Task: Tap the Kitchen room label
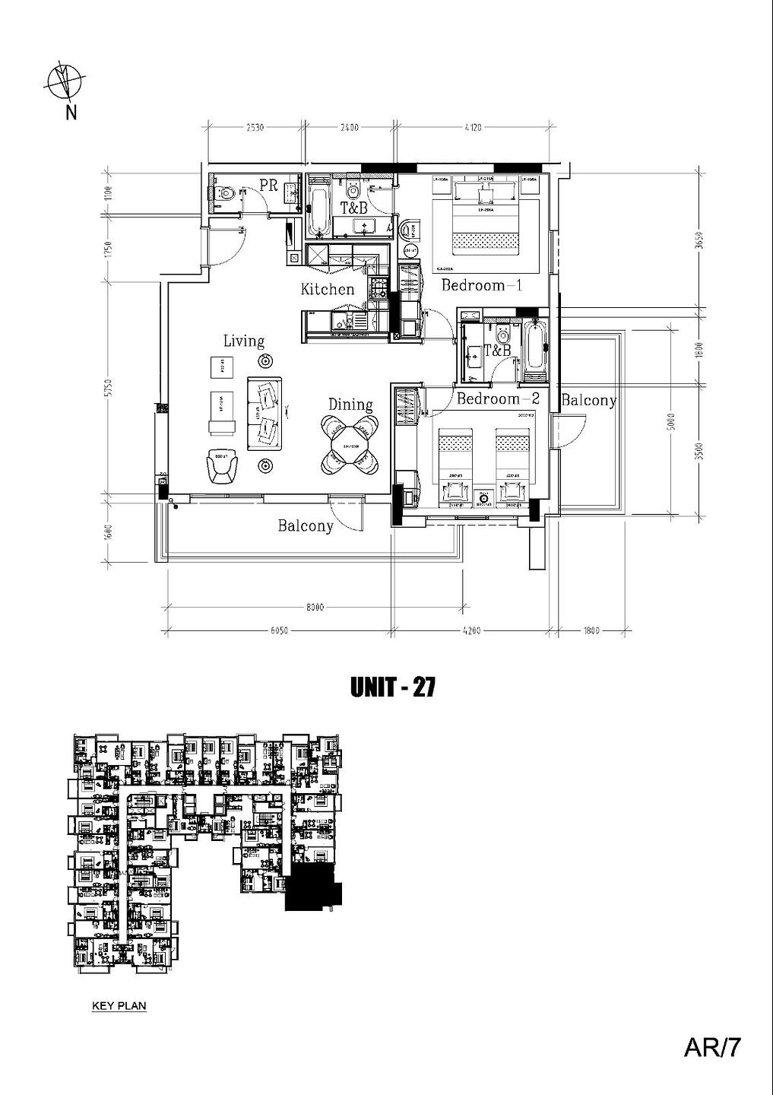pos(328,290)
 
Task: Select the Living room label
pos(243,341)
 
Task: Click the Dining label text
pos(350,405)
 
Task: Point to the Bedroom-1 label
pos(482,286)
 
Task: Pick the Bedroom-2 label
pos(498,398)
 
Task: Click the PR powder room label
pos(268,185)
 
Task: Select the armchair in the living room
pos(222,465)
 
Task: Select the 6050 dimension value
pos(279,630)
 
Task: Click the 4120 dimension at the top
pos(473,128)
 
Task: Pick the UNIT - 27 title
pos(392,687)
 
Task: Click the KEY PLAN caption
pos(119,1006)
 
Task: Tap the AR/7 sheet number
pos(712,1049)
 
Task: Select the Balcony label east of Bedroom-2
pos(588,401)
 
